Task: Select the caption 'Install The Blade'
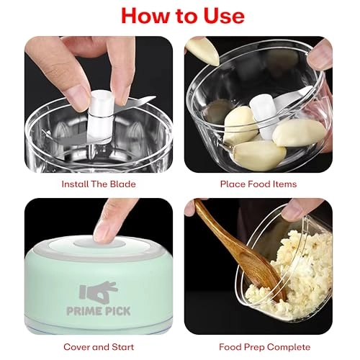[99, 184]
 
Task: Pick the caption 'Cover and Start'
[99, 347]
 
